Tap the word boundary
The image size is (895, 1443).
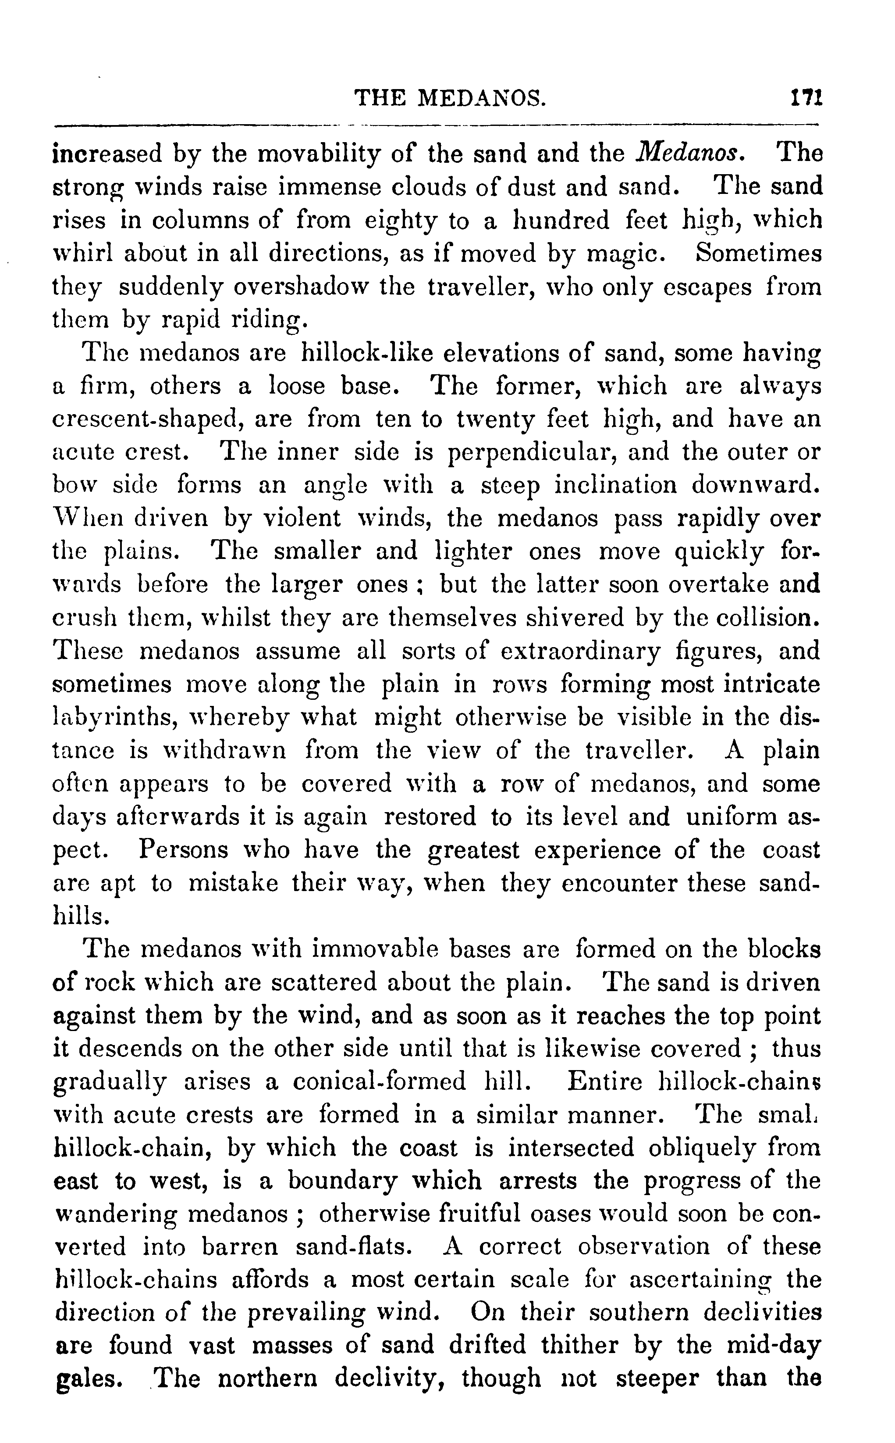pyautogui.click(x=343, y=1181)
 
